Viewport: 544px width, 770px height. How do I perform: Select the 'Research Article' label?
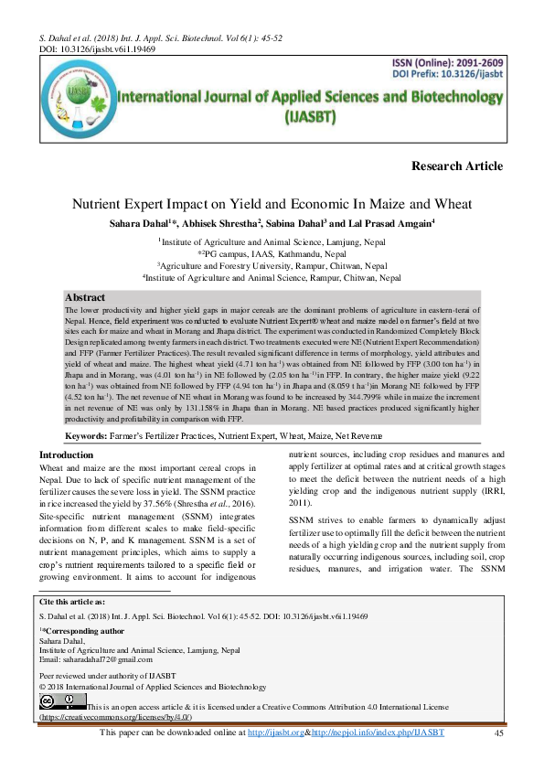tap(457, 166)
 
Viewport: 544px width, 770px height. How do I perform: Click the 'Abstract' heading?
tap(85, 298)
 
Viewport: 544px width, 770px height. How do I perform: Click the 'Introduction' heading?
tap(67, 455)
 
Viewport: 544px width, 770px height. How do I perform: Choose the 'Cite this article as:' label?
tap(72, 602)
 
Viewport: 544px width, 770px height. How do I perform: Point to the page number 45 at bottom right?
tap(498, 733)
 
